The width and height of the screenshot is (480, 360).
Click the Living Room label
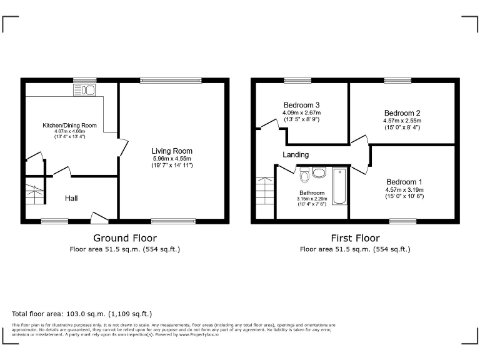click(172, 151)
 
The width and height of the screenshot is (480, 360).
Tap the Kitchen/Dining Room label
click(69, 125)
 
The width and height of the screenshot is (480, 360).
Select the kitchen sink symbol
click(84, 91)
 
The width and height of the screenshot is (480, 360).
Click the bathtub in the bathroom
click(339, 186)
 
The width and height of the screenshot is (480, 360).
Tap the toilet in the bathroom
click(304, 176)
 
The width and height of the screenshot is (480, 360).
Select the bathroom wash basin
click(319, 172)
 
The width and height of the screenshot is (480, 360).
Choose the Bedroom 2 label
click(402, 113)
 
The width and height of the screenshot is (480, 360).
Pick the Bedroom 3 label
click(302, 104)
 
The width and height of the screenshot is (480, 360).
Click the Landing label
click(296, 154)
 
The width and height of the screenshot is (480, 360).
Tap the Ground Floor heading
click(125, 238)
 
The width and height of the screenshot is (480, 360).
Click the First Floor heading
click(355, 238)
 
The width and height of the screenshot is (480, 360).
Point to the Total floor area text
click(82, 314)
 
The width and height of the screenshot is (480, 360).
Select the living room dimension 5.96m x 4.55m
click(172, 158)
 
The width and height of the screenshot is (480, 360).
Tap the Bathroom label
click(311, 193)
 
